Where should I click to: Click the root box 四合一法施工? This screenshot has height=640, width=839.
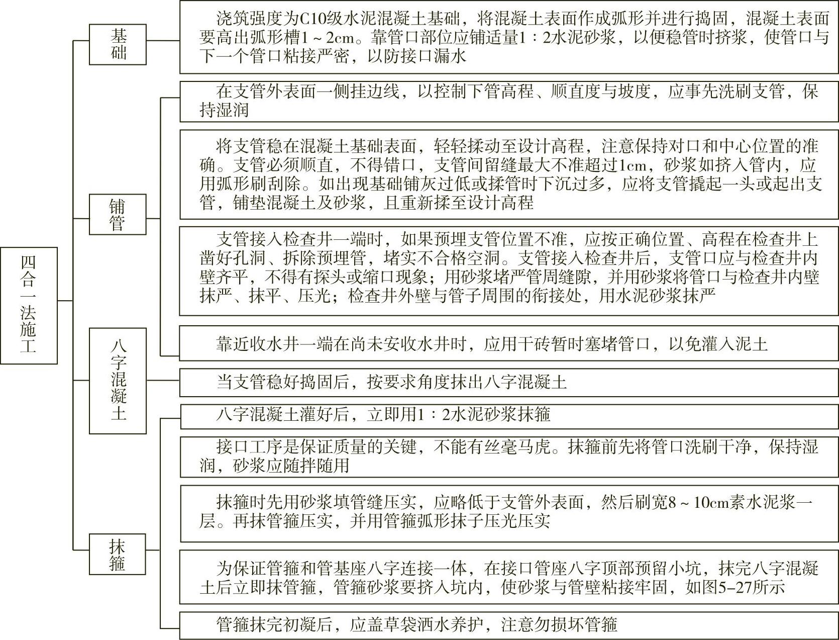pos(29,305)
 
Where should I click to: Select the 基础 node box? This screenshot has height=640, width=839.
pos(118,44)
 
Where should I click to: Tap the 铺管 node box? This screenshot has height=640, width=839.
pos(118,215)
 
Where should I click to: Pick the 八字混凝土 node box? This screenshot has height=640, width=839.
pos(118,380)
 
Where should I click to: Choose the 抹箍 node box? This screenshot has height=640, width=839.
pos(118,555)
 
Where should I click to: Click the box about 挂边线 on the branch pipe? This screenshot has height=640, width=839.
pos(509,101)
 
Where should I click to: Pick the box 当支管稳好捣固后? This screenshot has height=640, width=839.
pos(509,383)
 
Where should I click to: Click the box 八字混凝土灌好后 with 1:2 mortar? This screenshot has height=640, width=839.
pos(509,415)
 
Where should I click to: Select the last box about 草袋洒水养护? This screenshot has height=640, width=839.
pos(509,625)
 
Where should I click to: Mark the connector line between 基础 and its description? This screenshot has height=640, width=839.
pos(163,41)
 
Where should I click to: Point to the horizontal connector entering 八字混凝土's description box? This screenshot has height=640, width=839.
pos(163,381)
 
